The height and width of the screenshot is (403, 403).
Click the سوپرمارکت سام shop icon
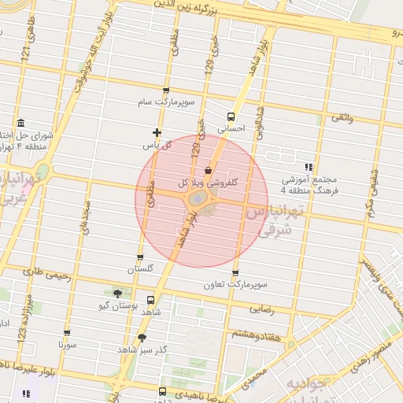coord(165,91)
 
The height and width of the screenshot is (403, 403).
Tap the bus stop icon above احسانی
coord(231,115)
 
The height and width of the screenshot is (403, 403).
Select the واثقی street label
coord(342,117)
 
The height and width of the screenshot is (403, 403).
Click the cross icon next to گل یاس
coord(157,132)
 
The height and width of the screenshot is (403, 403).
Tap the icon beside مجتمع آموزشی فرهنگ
coord(309,167)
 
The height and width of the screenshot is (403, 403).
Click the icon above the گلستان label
coord(140,257)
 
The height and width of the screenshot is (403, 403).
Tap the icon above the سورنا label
coord(67,333)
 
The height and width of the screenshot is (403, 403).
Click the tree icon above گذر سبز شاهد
coord(142,337)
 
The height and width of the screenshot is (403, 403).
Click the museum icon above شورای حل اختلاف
coord(20,123)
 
